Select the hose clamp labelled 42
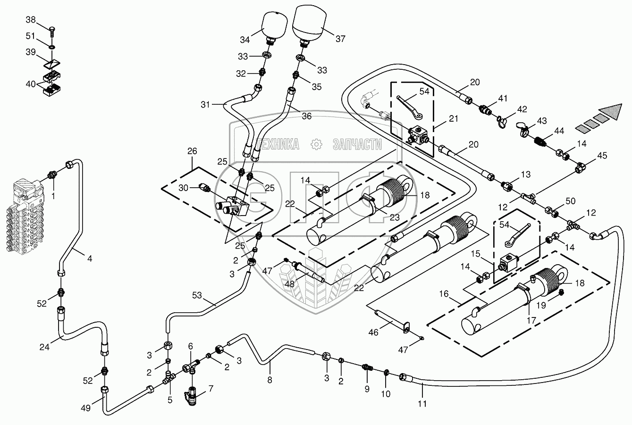click(x=501, y=122)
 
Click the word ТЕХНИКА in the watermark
click(x=278, y=144)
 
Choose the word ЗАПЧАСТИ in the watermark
click(x=357, y=144)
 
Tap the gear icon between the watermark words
click(x=316, y=144)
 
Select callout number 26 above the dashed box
click(x=192, y=151)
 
